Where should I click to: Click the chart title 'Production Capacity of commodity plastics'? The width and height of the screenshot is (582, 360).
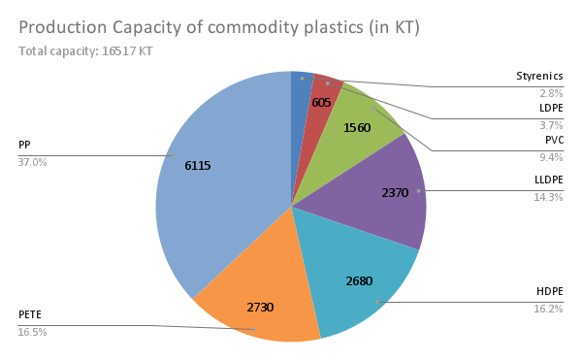219,27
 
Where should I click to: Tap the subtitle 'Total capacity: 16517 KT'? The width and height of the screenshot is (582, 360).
85,50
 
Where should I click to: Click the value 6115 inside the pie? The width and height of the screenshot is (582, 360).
198,165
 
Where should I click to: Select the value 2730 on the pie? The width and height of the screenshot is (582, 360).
260,308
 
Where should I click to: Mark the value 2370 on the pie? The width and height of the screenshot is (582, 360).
395,193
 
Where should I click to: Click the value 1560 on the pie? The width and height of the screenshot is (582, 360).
357,128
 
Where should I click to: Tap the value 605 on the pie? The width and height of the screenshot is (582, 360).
322,103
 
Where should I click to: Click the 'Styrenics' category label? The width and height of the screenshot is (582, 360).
539,76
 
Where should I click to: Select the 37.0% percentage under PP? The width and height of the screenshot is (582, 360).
32,162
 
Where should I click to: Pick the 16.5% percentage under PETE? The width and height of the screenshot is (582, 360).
32,332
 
